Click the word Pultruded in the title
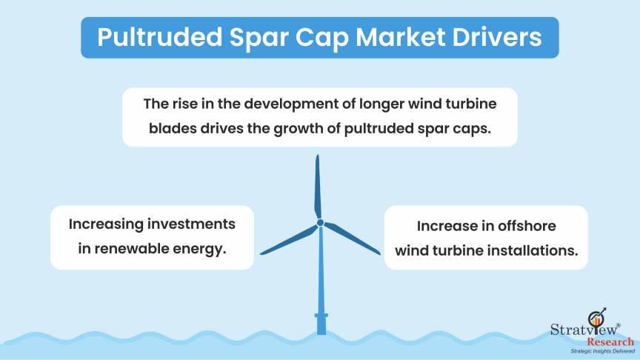pyautogui.click(x=159, y=38)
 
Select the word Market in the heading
pyautogui.click(x=400, y=37)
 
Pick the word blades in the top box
pyautogui.click(x=172, y=129)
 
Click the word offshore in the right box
pyautogui.click(x=527, y=226)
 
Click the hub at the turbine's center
pyautogui.click(x=321, y=223)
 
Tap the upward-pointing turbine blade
pyautogui.click(x=318, y=187)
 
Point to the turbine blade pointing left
pyautogui.click(x=289, y=241)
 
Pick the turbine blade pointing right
pyautogui.click(x=352, y=239)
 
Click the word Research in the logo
pyautogui.click(x=610, y=341)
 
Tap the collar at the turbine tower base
pyautogui.click(x=321, y=316)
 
